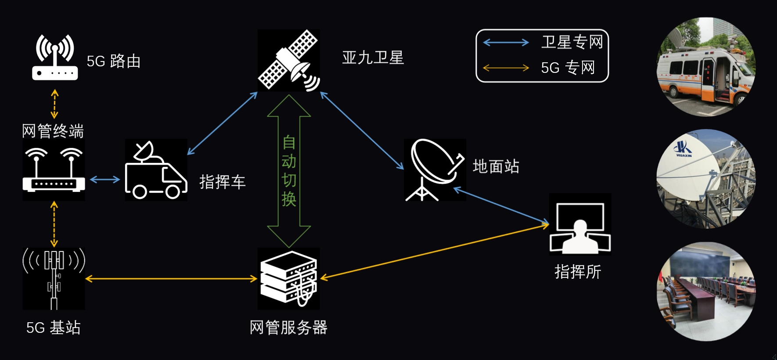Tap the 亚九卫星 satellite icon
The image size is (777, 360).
(x=288, y=60)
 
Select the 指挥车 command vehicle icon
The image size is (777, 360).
(x=156, y=170)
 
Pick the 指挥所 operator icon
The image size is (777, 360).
(x=580, y=224)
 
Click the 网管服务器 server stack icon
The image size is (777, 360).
(x=288, y=278)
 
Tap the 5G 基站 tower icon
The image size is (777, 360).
(x=54, y=278)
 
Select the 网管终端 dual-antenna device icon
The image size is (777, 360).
(x=54, y=170)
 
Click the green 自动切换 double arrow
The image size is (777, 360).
(x=289, y=171)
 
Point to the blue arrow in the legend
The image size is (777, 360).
(x=506, y=43)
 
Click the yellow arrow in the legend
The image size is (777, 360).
(x=506, y=68)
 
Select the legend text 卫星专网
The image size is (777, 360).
(x=572, y=42)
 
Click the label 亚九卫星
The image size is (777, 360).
(x=373, y=58)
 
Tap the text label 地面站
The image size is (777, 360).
(x=496, y=166)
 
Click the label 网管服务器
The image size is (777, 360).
(x=288, y=328)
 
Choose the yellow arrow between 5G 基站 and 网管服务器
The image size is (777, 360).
(x=171, y=278)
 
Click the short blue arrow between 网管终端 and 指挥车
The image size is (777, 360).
(x=105, y=180)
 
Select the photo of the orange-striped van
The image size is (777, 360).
(x=705, y=67)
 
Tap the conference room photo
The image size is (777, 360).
(x=705, y=292)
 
